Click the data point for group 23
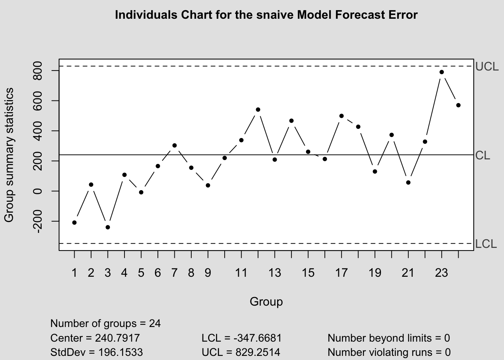pos(442,72)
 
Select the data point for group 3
pos(108,227)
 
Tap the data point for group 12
pos(258,109)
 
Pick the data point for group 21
pos(408,183)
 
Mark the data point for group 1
pos(74,223)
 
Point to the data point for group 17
pos(342,116)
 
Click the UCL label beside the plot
pos(487,67)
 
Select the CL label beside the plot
pos(483,155)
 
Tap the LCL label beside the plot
pos(486,244)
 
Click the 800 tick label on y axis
pos(37,70)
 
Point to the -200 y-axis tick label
pos(37,221)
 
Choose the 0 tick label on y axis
pos(37,191)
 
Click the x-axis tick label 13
pos(275,273)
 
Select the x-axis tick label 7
pos(174,273)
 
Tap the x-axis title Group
pos(266,301)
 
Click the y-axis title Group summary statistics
pos(9,154)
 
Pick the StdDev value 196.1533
pos(120,352)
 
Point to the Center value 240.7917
pos(118,338)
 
